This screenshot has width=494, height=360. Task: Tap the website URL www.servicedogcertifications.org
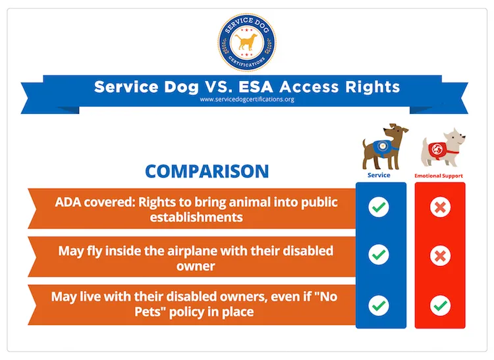click(246, 100)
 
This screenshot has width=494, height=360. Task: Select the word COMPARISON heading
click(207, 171)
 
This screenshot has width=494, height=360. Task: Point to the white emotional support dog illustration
click(443, 148)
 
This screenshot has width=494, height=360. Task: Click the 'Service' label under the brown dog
click(378, 176)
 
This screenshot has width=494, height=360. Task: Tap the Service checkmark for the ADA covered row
click(378, 207)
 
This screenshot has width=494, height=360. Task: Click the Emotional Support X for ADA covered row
click(439, 207)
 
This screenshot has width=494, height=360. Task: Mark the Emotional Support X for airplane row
click(439, 255)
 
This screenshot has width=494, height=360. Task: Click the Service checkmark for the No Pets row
click(378, 305)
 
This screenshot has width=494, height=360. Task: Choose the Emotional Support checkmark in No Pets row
click(439, 305)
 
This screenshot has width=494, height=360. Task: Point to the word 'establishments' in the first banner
click(197, 217)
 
